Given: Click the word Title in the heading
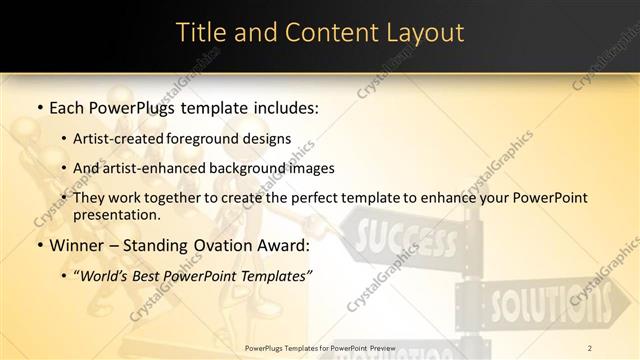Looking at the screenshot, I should (202, 32).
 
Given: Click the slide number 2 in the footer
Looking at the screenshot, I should (590, 347).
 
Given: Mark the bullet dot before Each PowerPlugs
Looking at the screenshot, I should (38, 106).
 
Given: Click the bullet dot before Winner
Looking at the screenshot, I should (38, 246).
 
